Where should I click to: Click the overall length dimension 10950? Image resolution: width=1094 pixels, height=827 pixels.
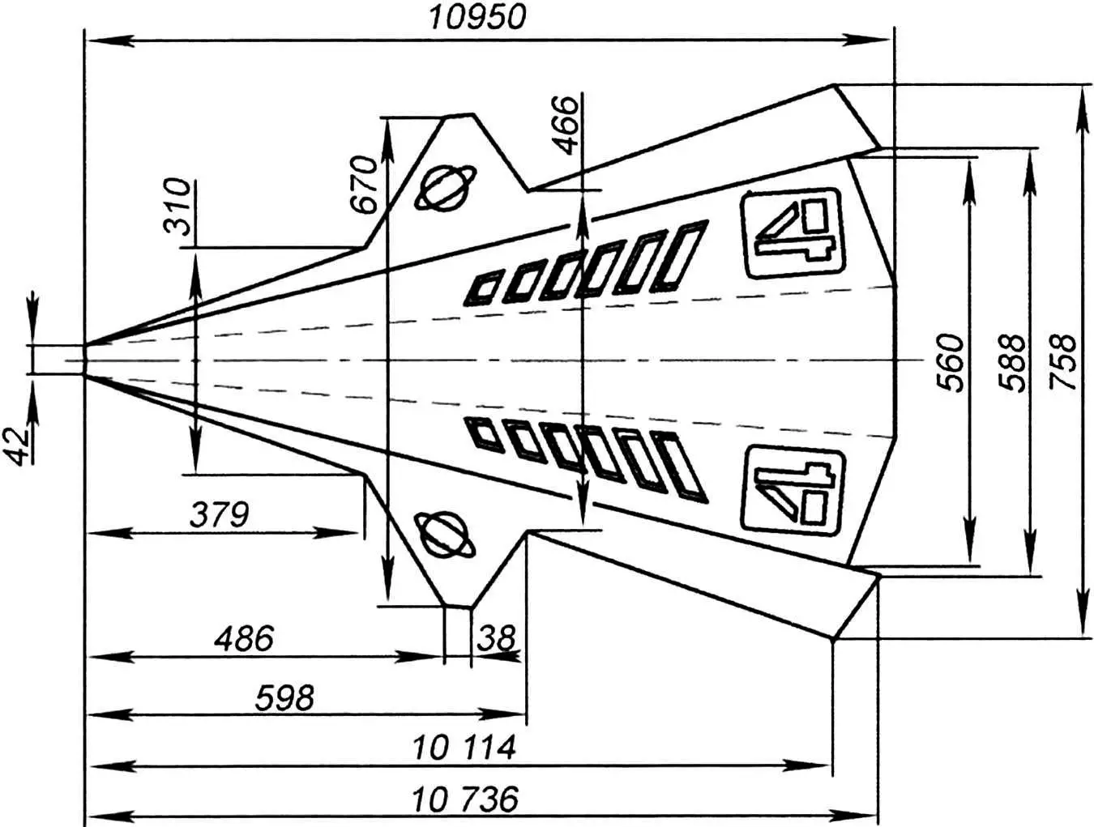point(477,17)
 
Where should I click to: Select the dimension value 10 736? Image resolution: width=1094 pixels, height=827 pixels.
point(464,800)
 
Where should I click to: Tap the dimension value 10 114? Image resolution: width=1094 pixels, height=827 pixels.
point(464,748)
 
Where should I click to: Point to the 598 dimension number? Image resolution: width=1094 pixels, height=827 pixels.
point(284,697)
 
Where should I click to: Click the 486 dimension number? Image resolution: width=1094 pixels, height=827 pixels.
point(244,639)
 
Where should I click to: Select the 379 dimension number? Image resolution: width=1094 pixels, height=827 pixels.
point(219,514)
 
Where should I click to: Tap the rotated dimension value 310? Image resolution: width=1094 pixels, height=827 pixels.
point(177,207)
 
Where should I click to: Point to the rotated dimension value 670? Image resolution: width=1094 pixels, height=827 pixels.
point(365,184)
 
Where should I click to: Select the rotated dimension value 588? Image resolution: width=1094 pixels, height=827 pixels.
point(1012,362)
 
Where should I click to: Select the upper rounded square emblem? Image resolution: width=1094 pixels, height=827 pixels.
point(792,233)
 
